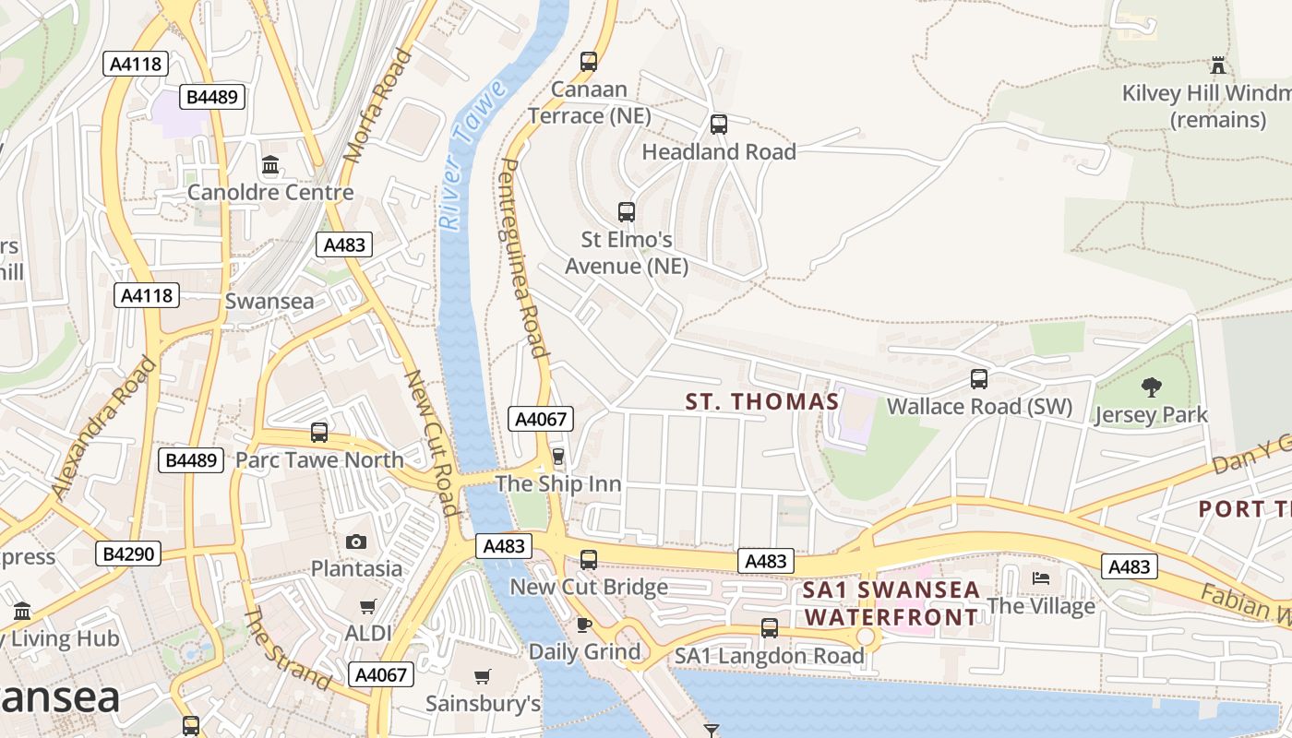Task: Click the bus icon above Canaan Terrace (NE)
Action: point(589,62)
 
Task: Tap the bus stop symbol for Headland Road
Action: point(719,124)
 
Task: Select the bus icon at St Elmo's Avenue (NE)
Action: point(627,211)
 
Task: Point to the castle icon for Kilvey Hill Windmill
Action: point(1218,65)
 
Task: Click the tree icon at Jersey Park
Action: point(1151,387)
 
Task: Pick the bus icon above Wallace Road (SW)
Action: point(979,378)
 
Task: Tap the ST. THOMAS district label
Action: point(762,401)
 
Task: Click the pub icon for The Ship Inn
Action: point(557,456)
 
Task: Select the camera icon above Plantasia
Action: point(356,541)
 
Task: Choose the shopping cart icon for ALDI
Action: point(368,606)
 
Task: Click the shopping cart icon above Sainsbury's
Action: point(482,677)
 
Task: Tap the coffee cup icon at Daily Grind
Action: point(584,625)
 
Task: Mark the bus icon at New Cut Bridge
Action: point(589,559)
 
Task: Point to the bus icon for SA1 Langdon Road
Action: point(770,627)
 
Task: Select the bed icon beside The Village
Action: point(1041,578)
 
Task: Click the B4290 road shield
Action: point(128,553)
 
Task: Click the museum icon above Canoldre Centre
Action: point(270,165)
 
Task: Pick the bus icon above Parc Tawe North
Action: point(319,432)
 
